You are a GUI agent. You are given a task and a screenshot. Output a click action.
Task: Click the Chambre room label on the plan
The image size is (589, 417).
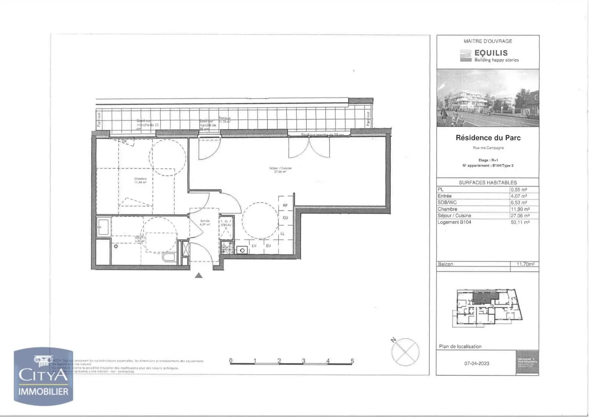point(140,179)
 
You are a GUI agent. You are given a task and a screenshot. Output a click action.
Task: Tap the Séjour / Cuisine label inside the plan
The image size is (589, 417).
point(280,168)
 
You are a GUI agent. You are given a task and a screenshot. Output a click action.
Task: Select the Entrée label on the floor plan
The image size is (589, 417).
point(205,221)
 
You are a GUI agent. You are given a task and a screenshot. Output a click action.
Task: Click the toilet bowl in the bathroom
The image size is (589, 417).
point(169,257)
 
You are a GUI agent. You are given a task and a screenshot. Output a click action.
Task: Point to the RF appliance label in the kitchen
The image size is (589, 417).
point(285,205)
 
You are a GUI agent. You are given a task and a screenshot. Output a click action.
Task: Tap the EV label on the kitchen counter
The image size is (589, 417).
point(268,246)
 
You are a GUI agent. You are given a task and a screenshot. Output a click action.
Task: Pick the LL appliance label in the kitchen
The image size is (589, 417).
point(282,234)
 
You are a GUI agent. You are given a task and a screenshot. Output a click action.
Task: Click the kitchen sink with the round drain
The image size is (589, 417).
point(242,250)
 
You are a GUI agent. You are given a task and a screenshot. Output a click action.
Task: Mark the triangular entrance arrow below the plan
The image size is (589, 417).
point(199,275)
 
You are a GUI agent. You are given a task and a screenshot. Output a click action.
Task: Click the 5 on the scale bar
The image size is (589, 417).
point(352,361)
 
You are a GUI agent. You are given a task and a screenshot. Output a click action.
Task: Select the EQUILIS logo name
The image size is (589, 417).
point(491,53)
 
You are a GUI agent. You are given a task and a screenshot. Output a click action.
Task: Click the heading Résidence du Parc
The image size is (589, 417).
point(488,138)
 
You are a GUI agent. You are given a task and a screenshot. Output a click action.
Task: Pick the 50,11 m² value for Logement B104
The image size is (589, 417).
point(520,222)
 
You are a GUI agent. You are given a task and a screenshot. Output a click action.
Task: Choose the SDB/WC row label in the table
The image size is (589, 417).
point(447,202)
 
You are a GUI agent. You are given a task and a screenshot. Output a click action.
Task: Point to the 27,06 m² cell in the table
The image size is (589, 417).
point(520,216)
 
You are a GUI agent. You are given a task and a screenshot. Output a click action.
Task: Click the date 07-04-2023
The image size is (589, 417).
point(477,364)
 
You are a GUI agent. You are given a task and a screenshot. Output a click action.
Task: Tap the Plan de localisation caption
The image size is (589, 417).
point(460,347)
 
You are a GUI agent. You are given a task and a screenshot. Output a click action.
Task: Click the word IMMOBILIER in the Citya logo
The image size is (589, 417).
point(43,392)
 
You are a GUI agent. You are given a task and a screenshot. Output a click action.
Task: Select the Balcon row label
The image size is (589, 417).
point(445,264)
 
